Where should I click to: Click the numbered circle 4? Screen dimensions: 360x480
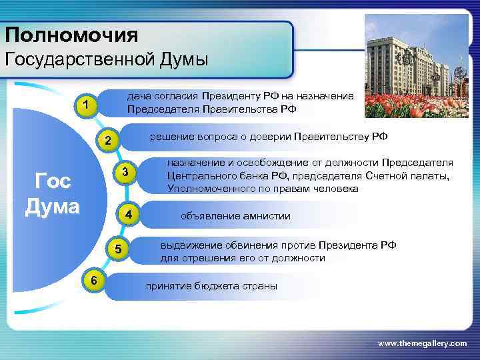click(129, 215)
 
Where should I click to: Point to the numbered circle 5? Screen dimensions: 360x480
click(117, 250)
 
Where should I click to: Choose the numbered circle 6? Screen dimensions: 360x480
click(95, 281)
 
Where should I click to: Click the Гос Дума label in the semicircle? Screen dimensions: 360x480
click(52, 193)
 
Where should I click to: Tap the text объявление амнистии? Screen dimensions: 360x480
click(235, 216)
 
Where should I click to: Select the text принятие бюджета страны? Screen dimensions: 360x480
click(211, 286)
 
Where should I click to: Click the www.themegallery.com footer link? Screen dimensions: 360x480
click(422, 343)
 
